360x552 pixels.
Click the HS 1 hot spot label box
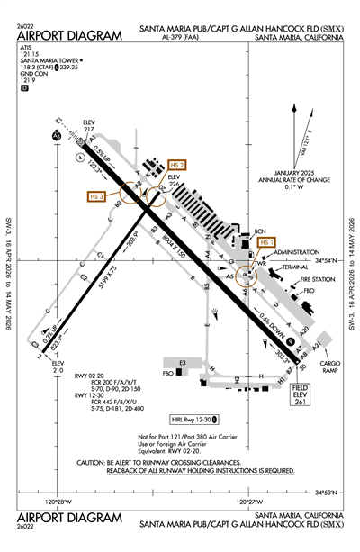click(x=265, y=242)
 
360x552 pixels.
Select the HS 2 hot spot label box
click(x=177, y=165)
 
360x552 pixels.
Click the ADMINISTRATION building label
click(x=296, y=253)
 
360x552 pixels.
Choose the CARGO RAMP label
click(x=330, y=342)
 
